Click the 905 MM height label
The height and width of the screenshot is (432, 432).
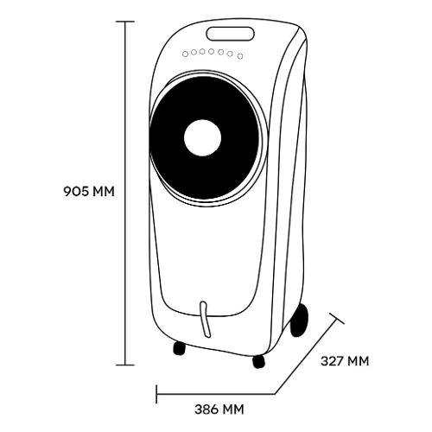pyautogui.click(x=89, y=191)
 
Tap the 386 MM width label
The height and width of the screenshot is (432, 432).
pyautogui.click(x=219, y=410)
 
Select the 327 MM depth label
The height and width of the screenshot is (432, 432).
pyautogui.click(x=345, y=361)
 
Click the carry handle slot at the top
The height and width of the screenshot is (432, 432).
pyautogui.click(x=230, y=34)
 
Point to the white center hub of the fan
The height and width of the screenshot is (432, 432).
pyautogui.click(x=202, y=137)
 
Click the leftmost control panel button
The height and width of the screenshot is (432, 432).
pyautogui.click(x=186, y=54)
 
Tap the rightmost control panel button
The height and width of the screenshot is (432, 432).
pyautogui.click(x=240, y=56)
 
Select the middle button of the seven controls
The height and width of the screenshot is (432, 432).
pyautogui.click(x=212, y=52)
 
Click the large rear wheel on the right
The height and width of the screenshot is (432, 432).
pyautogui.click(x=299, y=321)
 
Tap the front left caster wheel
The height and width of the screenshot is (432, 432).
pyautogui.click(x=179, y=348)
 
